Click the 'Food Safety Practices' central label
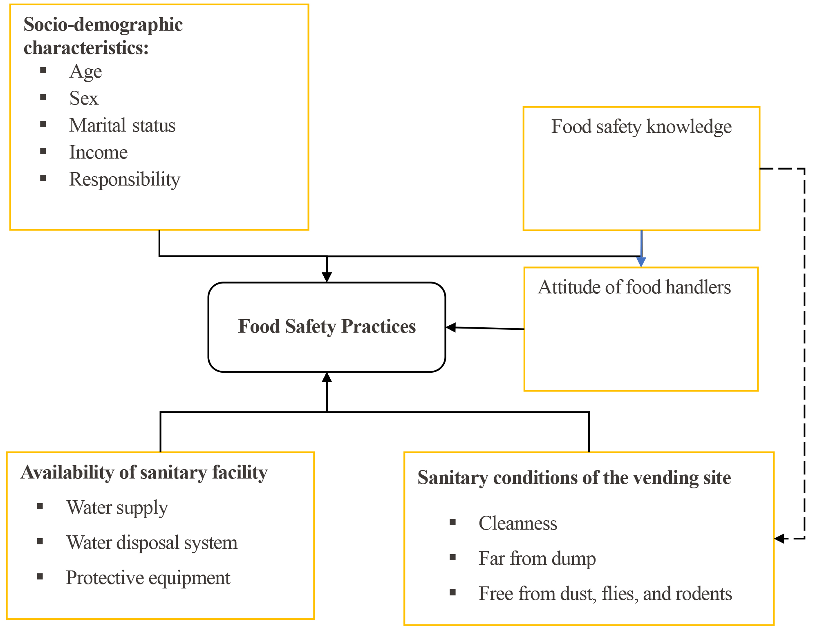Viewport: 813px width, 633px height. coord(327,327)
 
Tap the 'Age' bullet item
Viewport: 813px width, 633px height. coord(85,72)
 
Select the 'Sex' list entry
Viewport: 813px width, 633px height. coord(84,98)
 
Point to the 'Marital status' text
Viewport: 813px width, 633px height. coord(122,125)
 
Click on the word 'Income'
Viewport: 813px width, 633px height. coord(99,152)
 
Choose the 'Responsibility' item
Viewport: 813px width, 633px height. coord(125,179)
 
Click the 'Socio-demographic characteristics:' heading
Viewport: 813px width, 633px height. coord(103,36)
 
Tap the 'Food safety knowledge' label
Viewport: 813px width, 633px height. coord(641,127)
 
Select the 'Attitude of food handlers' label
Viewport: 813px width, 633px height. coord(634,287)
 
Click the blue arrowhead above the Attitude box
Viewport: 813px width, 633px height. coord(641,262)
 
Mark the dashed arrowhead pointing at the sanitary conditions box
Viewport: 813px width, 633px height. coord(779,539)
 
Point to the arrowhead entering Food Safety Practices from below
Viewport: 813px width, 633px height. coord(327,378)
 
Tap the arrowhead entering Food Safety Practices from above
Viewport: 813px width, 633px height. coord(327,277)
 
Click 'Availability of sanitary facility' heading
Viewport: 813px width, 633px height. coord(144,472)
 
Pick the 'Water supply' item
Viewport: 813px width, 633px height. coord(117,508)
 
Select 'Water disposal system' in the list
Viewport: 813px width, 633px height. coord(152,543)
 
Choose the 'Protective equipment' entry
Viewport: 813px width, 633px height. coord(148,578)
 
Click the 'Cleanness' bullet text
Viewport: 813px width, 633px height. coord(518,523)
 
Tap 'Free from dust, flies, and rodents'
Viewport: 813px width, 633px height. coord(605,594)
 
